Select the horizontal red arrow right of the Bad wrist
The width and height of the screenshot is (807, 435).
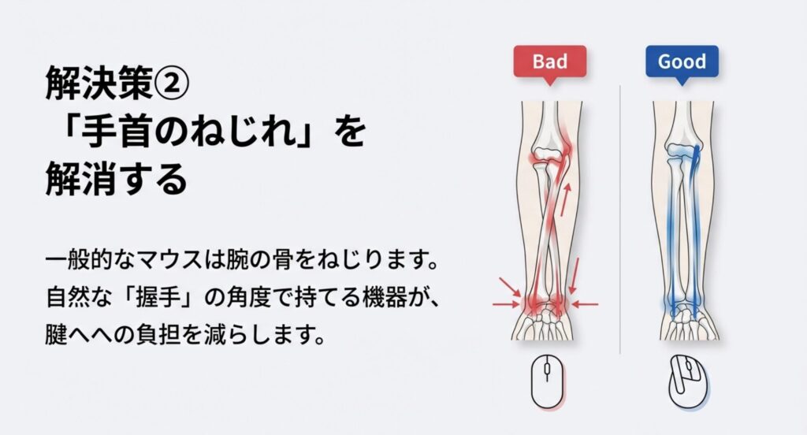tap(585, 303)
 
